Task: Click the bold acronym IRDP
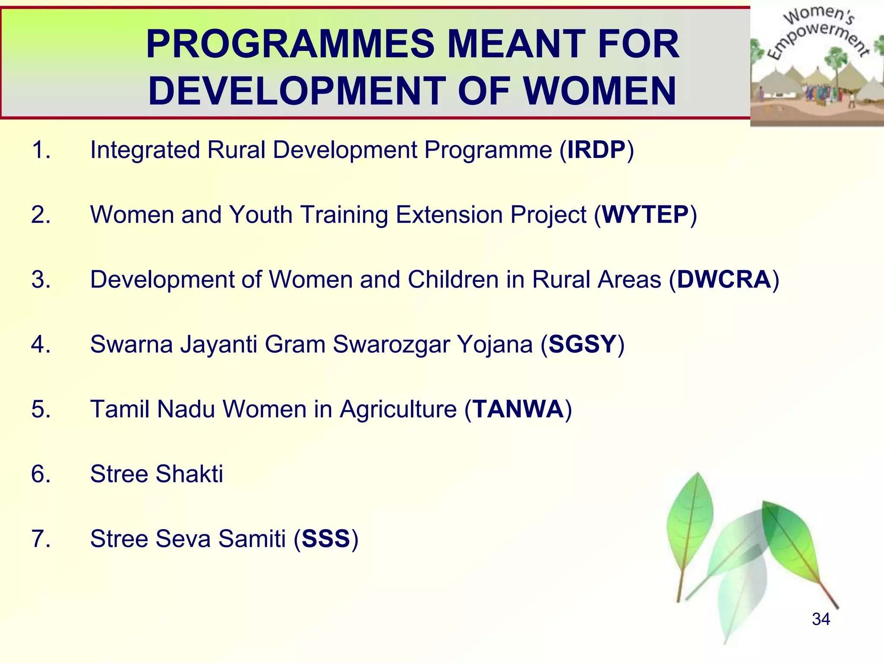(597, 150)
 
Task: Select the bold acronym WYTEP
(645, 215)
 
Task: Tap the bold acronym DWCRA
(724, 279)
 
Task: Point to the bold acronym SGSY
(582, 344)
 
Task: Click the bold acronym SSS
(326, 539)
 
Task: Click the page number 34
(821, 619)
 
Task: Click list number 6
(41, 474)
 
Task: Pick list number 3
(41, 279)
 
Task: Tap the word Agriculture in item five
(398, 409)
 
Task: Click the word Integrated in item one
(145, 150)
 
